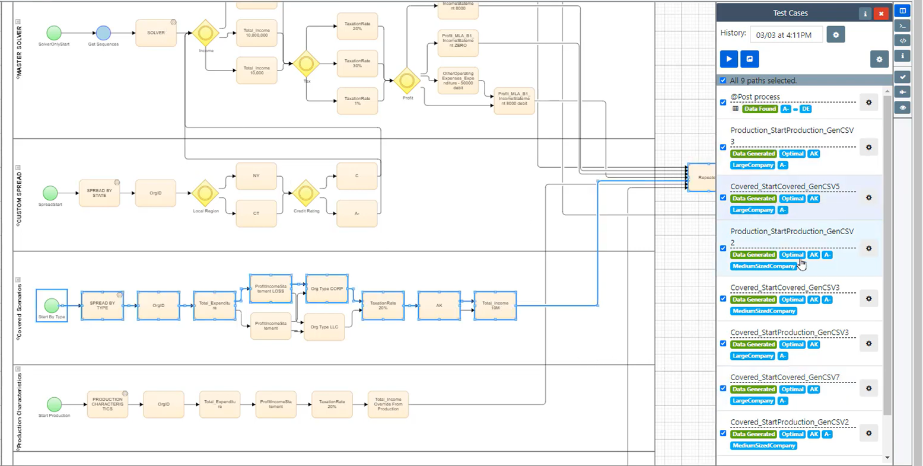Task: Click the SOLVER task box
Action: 156,33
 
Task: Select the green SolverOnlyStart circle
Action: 53,33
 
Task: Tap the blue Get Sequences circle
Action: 103,33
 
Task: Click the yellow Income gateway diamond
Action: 206,33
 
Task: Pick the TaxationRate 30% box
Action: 357,63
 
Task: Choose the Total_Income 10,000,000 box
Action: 256,33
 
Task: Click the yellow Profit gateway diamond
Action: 408,81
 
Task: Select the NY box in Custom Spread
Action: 256,176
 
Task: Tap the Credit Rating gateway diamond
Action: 306,193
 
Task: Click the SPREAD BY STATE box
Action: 99,193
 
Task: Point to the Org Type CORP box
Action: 327,289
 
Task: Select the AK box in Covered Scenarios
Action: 439,305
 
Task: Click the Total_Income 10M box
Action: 495,305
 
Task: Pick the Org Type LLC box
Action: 324,327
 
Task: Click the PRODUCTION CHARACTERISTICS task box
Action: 107,404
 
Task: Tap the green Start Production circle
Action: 54,404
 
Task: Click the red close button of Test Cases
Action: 881,14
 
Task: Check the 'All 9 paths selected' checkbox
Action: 723,81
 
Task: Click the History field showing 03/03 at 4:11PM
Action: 786,35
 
